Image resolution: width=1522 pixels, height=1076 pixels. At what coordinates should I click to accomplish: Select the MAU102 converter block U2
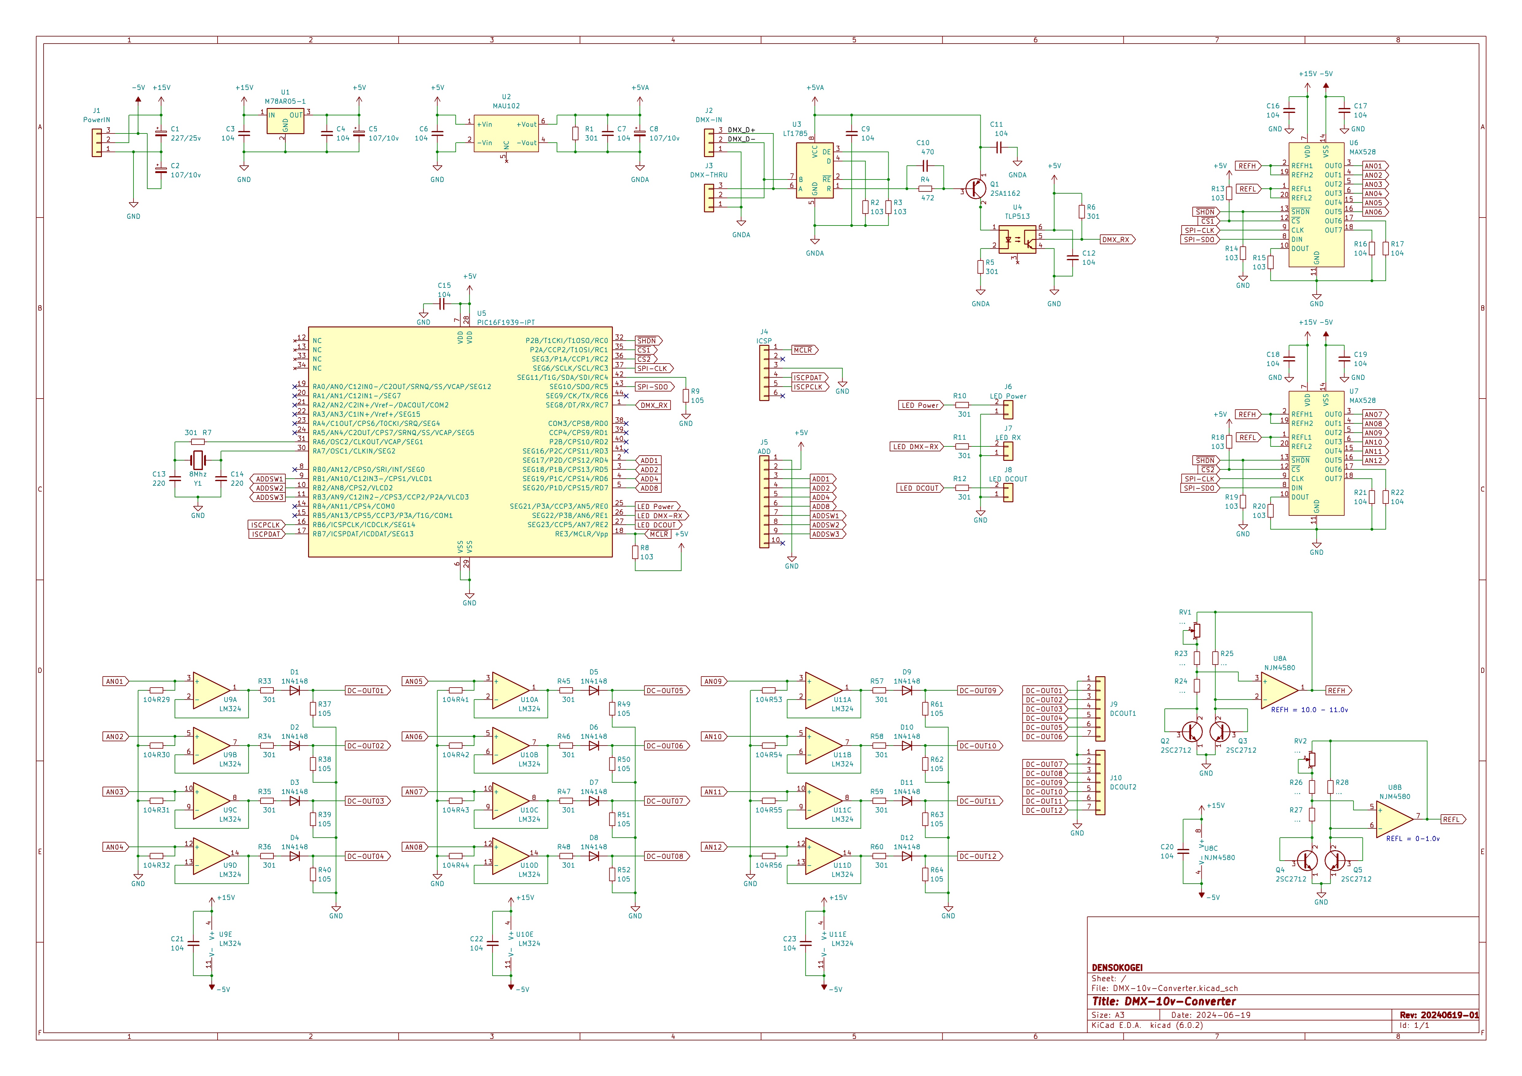click(506, 133)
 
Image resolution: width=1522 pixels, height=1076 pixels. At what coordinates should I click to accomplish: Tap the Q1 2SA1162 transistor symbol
click(976, 189)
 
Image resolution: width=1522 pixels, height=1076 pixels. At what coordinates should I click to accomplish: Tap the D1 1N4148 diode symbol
click(294, 690)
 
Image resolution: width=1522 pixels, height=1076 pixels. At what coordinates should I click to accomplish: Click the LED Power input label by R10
click(920, 405)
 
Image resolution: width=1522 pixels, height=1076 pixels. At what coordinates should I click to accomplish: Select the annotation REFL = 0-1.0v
click(1413, 839)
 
